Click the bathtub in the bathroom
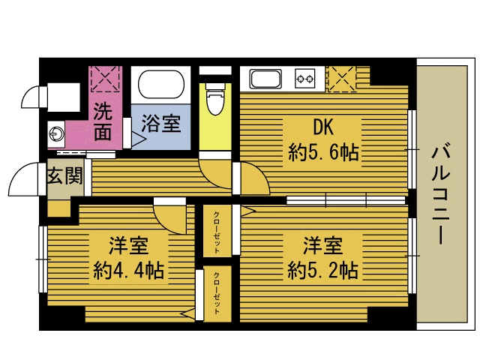click(x=161, y=85)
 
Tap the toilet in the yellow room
click(x=215, y=98)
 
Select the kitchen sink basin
click(x=265, y=79)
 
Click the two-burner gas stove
click(x=305, y=79)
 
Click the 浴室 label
click(x=161, y=124)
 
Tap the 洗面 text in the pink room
click(x=103, y=121)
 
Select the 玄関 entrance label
click(x=65, y=175)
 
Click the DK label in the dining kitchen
click(x=323, y=127)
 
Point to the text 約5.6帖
click(x=323, y=152)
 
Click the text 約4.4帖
click(x=128, y=270)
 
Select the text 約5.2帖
click(x=322, y=270)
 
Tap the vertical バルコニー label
click(x=441, y=195)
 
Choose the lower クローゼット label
click(x=217, y=293)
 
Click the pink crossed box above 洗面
click(x=106, y=79)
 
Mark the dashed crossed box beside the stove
click(x=342, y=79)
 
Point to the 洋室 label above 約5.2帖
click(x=322, y=245)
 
